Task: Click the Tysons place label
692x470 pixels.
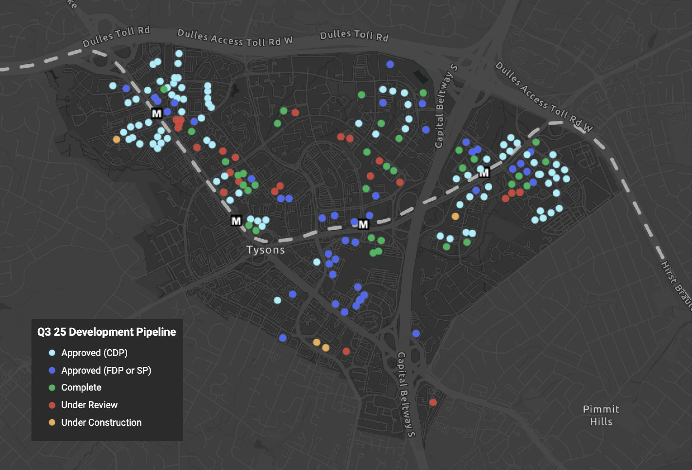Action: (266, 250)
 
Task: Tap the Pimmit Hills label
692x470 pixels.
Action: (601, 415)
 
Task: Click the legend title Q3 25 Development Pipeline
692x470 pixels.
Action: (106, 332)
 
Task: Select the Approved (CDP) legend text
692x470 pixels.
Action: (94, 353)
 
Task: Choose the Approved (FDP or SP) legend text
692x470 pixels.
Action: (106, 370)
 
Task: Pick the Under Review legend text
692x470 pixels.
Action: (89, 405)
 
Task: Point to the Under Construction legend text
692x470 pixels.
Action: (101, 422)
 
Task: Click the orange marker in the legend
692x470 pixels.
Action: (52, 422)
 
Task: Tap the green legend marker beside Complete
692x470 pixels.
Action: (52, 388)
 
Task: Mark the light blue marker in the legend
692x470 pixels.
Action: (52, 353)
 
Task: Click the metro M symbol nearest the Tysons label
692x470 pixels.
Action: (236, 221)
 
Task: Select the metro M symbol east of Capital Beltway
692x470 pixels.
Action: (484, 173)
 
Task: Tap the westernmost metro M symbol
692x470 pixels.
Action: (157, 113)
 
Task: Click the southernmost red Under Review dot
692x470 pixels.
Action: (433, 402)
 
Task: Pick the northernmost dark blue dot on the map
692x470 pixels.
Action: (390, 64)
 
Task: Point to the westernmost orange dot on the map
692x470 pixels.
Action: (117, 140)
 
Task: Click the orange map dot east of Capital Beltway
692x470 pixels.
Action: (455, 216)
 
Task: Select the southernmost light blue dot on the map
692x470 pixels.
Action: (277, 300)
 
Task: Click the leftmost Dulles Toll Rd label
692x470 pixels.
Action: (116, 37)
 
